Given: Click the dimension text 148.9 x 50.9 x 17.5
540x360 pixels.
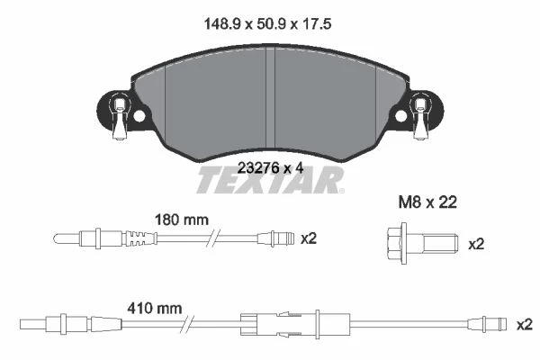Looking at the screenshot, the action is coord(267,24).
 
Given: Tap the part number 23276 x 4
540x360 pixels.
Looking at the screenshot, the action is coord(271,168).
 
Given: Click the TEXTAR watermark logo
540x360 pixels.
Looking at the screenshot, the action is coord(270,180).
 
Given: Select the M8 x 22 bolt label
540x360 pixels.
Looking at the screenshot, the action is coord(427,202).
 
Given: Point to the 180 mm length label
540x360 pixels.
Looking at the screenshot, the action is coord(182,220).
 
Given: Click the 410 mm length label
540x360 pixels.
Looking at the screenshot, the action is coord(154,309).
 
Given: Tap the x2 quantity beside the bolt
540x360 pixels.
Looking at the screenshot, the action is coord(476,245).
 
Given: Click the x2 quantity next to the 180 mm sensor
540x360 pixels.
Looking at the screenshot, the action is coord(309,238).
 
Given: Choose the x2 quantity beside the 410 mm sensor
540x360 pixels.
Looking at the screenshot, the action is coord(525,325).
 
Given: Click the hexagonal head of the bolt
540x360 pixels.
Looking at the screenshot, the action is coord(395,244).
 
